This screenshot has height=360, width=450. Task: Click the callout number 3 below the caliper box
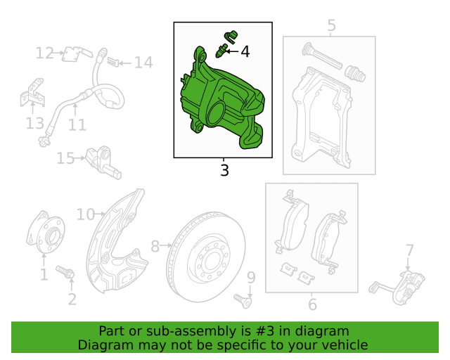[224, 170]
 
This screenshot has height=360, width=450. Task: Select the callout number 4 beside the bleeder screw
[245, 51]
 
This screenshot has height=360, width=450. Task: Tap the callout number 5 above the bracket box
[331, 25]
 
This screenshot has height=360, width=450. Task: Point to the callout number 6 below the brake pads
[312, 304]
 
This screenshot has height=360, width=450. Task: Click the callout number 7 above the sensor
[409, 250]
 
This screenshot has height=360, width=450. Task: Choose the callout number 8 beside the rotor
[155, 246]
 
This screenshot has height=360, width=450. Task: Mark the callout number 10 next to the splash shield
[86, 214]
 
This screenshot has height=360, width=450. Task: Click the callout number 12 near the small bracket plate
[44, 53]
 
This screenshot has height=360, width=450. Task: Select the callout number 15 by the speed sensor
[65, 158]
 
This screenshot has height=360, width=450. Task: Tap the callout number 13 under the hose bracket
[34, 123]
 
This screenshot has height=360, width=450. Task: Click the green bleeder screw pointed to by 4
[221, 51]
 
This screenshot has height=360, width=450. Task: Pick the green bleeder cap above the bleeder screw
[231, 37]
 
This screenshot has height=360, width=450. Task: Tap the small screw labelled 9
[243, 301]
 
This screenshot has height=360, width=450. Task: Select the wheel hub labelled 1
[46, 233]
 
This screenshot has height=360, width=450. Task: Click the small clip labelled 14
[112, 61]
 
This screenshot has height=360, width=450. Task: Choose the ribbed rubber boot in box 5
[355, 74]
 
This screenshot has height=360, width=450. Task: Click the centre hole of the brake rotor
[212, 260]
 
